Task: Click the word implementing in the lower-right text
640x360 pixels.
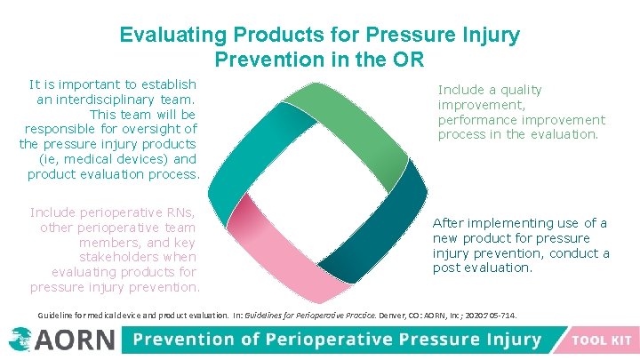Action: pyautogui.click(x=507, y=222)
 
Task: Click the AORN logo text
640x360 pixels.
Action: pyautogui.click(x=76, y=340)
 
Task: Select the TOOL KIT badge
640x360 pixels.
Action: pyautogui.click(x=601, y=340)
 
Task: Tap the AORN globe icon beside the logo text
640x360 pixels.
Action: pyautogui.click(x=20, y=339)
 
